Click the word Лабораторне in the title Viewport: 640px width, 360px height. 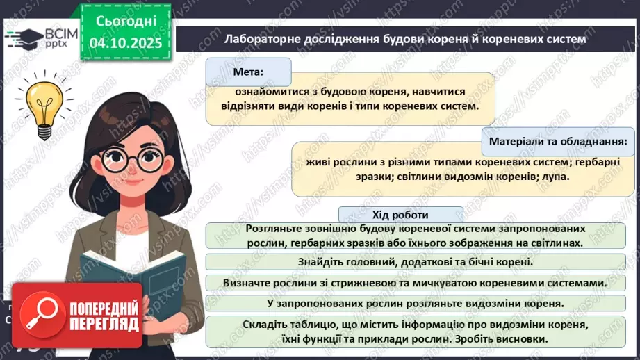click(x=263, y=39)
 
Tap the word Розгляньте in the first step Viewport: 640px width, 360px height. click(x=272, y=228)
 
